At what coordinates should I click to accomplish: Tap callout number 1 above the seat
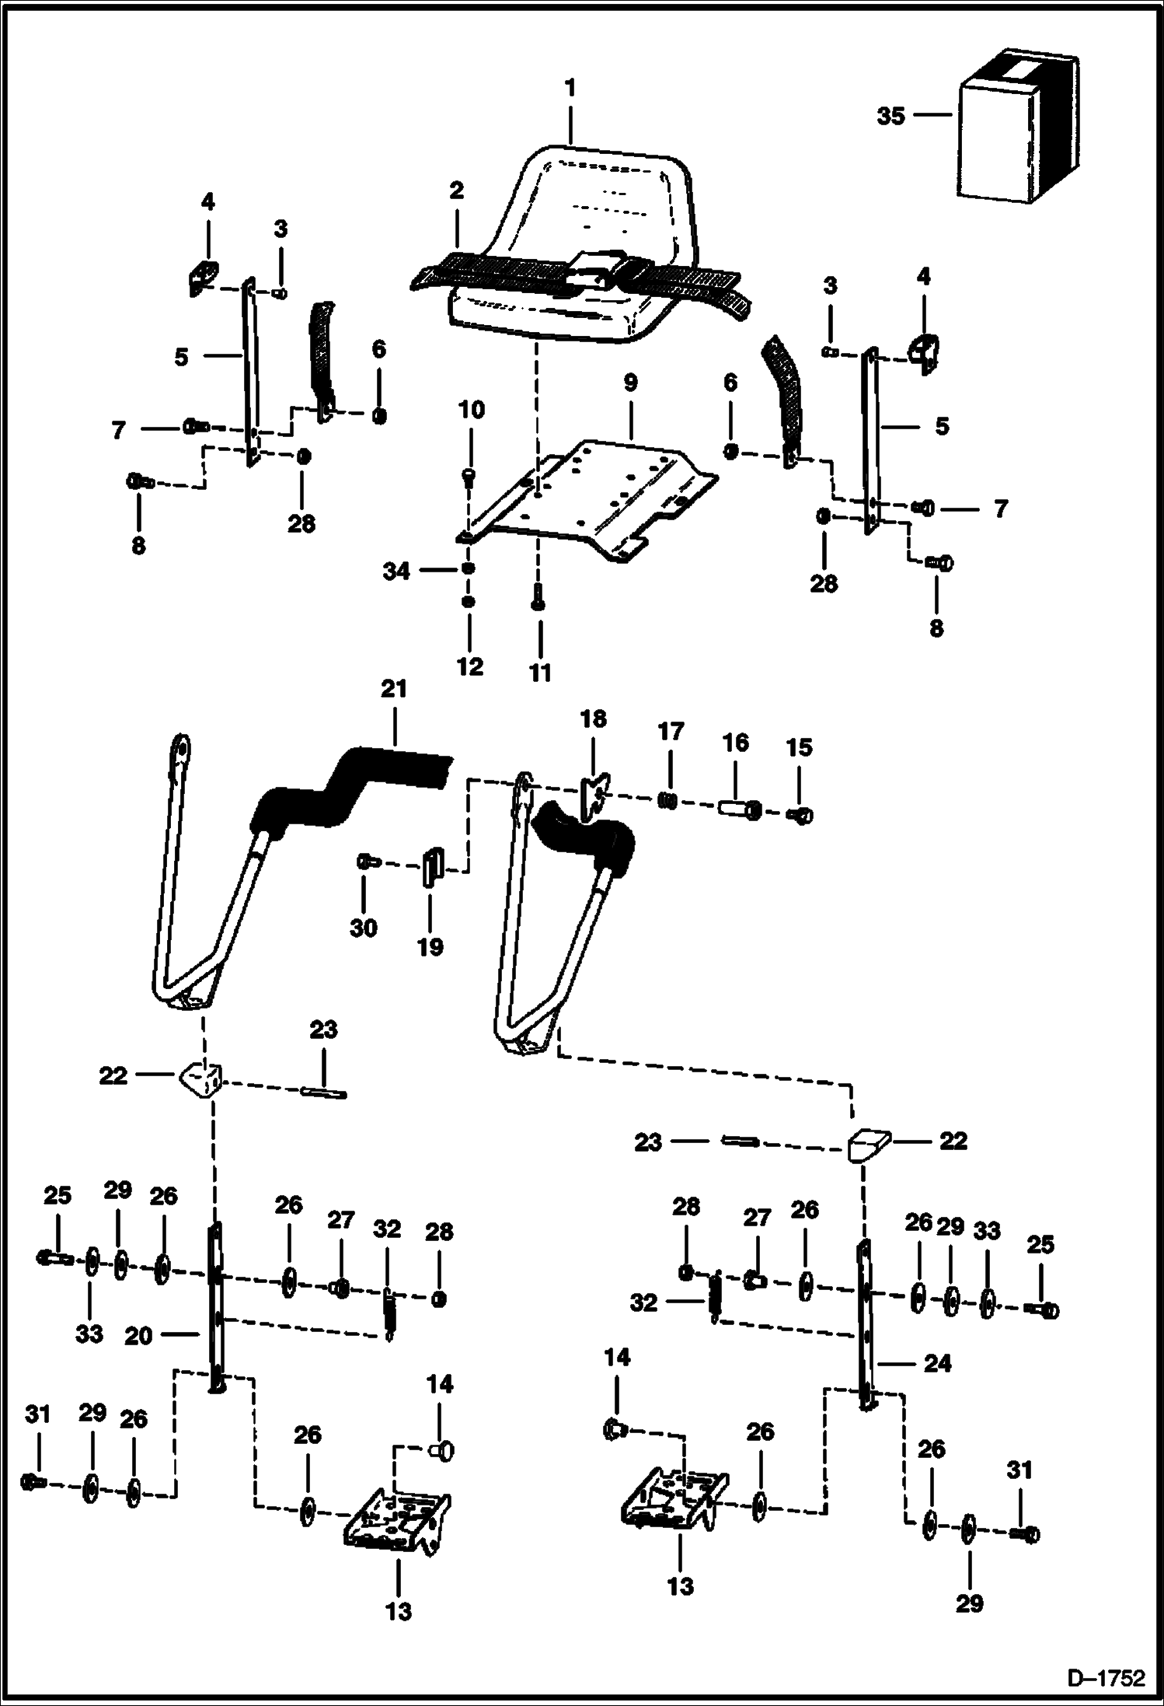570,88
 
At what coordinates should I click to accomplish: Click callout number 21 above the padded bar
394,690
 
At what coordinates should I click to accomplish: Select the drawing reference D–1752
1106,1679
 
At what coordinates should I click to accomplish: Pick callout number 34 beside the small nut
396,571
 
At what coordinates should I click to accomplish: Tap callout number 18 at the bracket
593,719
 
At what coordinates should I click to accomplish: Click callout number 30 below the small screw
364,928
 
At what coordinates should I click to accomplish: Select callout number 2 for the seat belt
456,191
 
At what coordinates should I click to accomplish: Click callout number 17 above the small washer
671,732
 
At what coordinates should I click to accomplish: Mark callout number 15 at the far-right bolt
799,747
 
